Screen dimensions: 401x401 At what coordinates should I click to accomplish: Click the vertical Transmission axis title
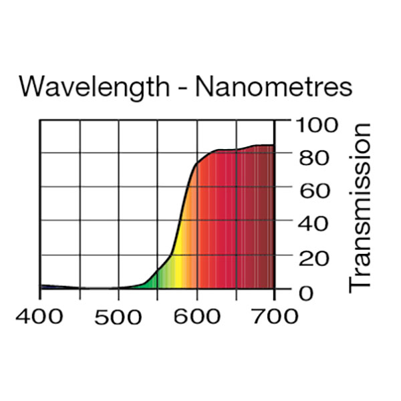[360, 207]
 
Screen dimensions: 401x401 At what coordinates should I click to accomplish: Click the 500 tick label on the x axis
[119, 316]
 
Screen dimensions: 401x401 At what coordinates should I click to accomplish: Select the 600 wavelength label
[197, 316]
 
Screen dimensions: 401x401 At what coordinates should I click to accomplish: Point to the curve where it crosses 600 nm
[197, 163]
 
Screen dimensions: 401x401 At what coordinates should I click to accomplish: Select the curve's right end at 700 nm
[274, 145]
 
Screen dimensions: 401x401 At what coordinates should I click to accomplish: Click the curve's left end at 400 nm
[41, 285]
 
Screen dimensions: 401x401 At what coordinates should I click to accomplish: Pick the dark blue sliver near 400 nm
[50, 287]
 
